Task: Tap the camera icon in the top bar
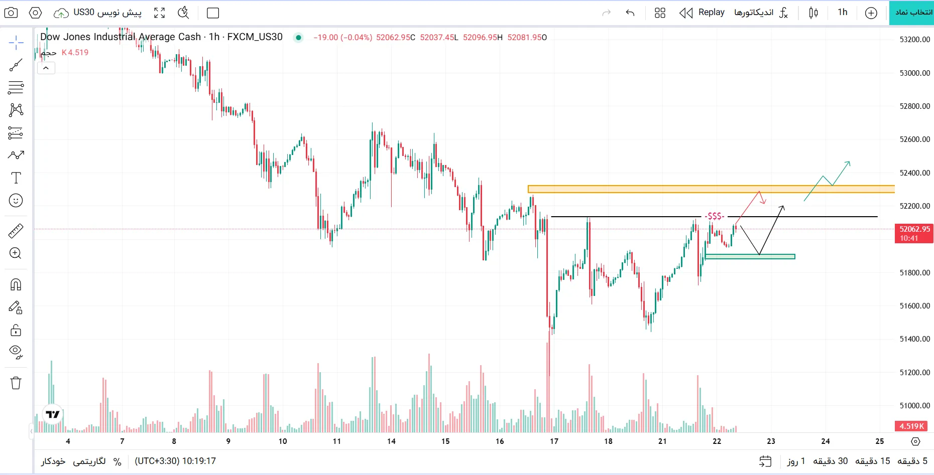coord(11,13)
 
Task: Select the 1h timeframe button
coord(842,13)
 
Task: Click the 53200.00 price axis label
coord(914,40)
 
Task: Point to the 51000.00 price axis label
coord(914,405)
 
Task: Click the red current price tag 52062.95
coord(914,233)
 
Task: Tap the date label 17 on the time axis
coord(554,441)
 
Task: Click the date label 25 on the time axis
coord(880,441)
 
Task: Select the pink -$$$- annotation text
coord(714,216)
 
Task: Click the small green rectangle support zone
coord(750,256)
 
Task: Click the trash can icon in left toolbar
coord(16,383)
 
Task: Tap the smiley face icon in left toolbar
coord(16,201)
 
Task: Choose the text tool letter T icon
coord(16,178)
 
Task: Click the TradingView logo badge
coord(53,414)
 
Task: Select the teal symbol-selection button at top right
coord(911,13)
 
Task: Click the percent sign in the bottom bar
coord(118,461)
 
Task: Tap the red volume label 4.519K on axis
coord(911,426)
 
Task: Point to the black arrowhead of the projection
coord(782,208)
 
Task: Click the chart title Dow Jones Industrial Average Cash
coord(121,37)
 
